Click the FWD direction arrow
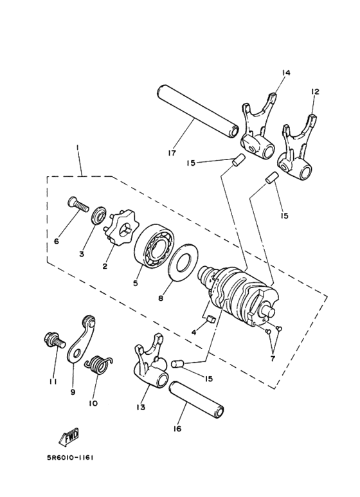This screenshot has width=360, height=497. (68, 438)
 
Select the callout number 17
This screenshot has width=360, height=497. (172, 153)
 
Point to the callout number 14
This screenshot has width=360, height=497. (286, 73)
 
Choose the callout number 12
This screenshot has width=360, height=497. (315, 92)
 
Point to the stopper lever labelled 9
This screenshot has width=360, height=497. (82, 339)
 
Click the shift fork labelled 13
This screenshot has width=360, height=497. (150, 361)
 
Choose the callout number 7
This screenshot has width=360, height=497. (273, 359)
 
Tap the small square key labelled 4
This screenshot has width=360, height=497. (211, 318)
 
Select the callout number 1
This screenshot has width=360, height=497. (77, 148)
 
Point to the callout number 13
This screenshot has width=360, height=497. (141, 406)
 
